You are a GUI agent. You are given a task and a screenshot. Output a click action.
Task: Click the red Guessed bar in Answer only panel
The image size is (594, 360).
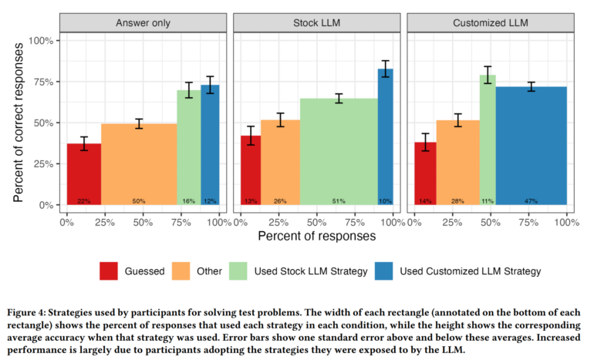84,173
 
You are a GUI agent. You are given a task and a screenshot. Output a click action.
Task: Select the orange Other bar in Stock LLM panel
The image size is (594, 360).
280,162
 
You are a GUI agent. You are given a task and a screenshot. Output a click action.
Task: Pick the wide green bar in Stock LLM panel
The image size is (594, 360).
339,151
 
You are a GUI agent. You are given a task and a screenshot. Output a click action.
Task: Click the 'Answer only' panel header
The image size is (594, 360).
143,25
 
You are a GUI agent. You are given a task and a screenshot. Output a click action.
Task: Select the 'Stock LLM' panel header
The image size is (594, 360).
317,25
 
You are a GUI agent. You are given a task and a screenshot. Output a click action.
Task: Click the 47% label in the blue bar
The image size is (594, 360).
531,201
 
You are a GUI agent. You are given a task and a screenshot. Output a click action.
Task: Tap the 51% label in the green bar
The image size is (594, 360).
339,201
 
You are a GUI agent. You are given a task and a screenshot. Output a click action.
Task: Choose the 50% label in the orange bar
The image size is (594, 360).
139,201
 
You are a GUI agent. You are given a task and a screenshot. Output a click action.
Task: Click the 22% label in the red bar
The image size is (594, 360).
84,201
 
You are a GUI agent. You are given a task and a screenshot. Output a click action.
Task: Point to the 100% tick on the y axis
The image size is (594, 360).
43,40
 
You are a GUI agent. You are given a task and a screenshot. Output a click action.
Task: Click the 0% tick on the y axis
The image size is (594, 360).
48,205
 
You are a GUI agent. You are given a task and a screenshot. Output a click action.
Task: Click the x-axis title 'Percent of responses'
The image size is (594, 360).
316,236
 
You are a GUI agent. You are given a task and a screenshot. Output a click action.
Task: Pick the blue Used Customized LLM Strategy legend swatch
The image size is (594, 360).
384,271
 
